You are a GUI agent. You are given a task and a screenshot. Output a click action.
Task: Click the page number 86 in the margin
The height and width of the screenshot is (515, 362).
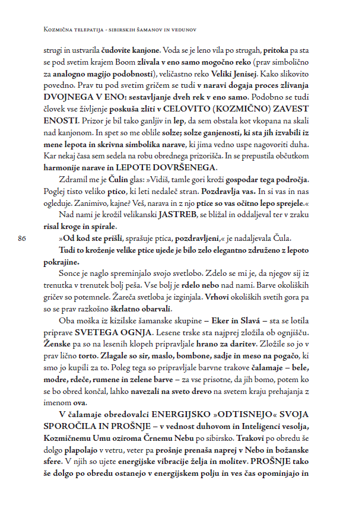tap(23, 239)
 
